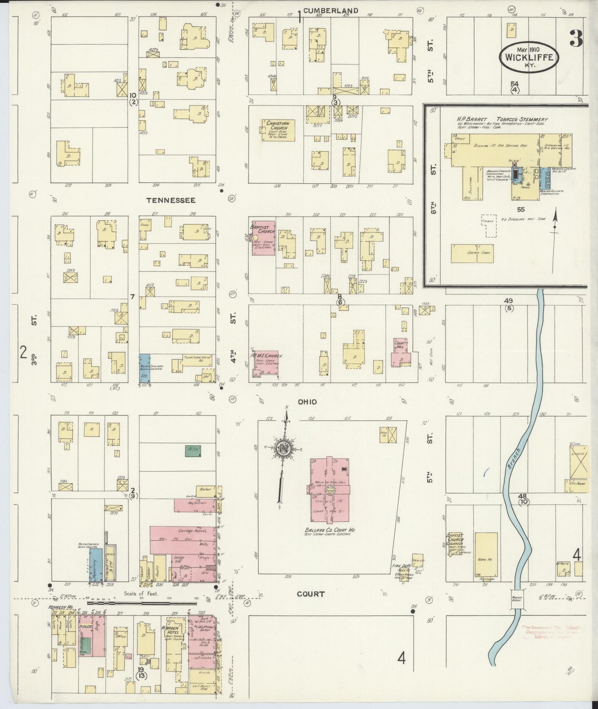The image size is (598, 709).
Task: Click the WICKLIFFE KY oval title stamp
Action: (529, 57)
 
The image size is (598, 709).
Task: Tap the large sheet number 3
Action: (576, 38)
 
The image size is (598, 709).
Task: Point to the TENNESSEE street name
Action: (171, 200)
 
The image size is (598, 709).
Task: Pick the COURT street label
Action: (310, 594)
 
